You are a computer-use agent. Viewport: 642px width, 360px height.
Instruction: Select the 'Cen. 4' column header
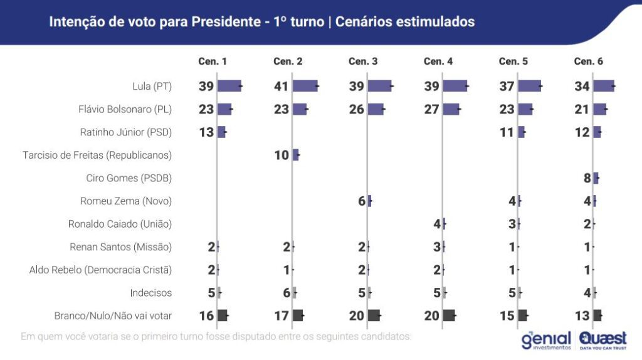coord(438,61)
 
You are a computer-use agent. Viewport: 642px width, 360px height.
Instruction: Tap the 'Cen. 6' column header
coord(588,61)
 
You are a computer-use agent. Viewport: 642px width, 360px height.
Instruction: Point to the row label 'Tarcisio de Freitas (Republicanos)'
coord(97,155)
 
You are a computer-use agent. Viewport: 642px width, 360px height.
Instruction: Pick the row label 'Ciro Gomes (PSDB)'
coord(129,178)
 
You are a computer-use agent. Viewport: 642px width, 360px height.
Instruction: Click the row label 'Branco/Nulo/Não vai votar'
coord(113,315)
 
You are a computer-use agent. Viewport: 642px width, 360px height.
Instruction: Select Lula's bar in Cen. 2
coord(305,87)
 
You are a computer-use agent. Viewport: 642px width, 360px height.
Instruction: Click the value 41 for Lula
coord(281,87)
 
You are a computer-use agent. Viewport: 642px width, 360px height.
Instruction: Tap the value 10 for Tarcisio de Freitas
coord(282,155)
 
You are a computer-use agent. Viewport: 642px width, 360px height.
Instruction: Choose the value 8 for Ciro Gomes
coord(587,178)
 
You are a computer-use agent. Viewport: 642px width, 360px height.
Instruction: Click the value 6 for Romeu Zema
coord(361,201)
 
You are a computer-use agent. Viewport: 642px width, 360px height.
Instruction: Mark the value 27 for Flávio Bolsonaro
coord(431,109)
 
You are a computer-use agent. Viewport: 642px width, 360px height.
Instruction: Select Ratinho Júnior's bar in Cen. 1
coord(221,132)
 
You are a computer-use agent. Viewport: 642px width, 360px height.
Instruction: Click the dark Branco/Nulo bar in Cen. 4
coord(449,315)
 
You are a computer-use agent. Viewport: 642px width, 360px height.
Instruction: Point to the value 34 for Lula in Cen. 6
coord(582,87)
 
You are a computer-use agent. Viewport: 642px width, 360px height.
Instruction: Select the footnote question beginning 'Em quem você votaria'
coord(216,337)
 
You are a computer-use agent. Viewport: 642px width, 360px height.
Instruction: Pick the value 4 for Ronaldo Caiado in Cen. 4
coord(437,224)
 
